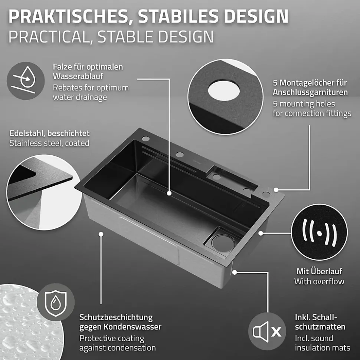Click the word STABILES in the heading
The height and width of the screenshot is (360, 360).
[x=178, y=16]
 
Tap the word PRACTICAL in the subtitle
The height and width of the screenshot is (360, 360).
[x=49, y=37]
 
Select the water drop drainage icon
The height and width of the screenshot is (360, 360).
[x=26, y=81]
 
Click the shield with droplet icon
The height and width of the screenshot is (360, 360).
[x=56, y=303]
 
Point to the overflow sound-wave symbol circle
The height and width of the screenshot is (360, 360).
[x=319, y=233]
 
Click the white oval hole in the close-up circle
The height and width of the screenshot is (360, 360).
[x=224, y=90]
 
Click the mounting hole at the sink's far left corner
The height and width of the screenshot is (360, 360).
[x=145, y=139]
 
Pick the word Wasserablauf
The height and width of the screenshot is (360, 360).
[x=78, y=76]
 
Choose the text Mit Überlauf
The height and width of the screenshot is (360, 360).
[x=319, y=271]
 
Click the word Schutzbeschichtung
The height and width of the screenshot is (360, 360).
[x=116, y=317]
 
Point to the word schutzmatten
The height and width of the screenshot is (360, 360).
[x=320, y=327]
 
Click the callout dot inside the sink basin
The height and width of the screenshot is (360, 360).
[x=169, y=193]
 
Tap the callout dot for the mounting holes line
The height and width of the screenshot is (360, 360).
[x=276, y=190]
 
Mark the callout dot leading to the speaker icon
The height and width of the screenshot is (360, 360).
[x=234, y=272]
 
